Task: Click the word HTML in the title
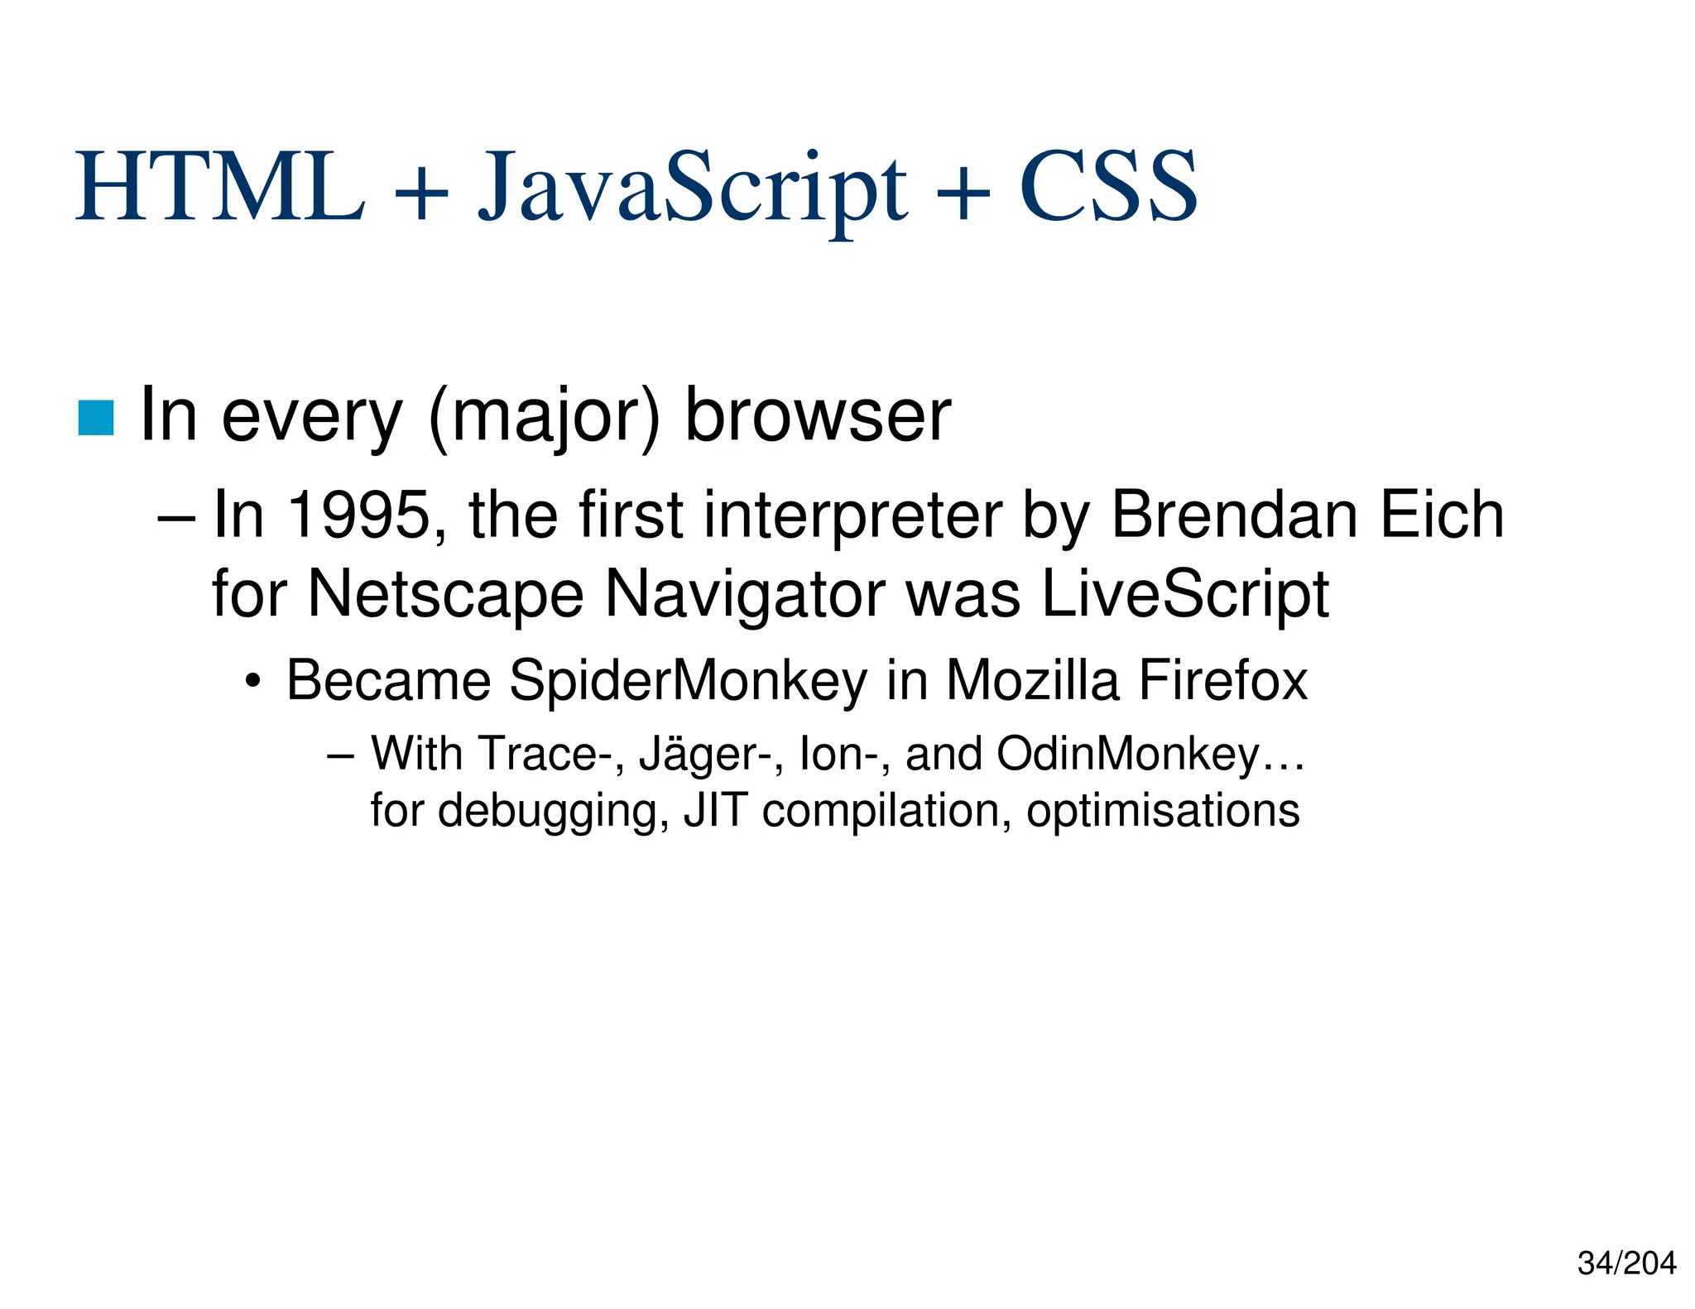[220, 188]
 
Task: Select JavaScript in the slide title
[693, 190]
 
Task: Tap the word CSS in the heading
[1108, 188]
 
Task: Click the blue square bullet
[96, 417]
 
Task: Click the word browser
[818, 416]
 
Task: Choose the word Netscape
[445, 594]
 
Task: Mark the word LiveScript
[1184, 594]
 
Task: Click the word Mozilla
[1032, 680]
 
